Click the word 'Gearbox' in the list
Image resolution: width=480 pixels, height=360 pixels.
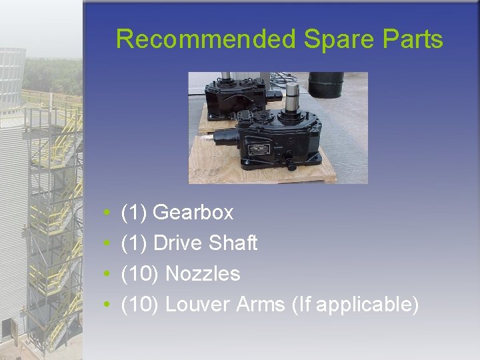(x=193, y=213)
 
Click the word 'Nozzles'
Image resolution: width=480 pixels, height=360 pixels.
(x=203, y=274)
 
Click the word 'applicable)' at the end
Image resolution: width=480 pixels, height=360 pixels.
(x=367, y=305)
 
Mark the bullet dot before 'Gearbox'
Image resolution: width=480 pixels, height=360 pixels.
(x=107, y=213)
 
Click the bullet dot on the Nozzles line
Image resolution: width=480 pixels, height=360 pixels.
(x=107, y=275)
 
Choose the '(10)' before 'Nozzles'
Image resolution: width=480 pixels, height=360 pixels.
(x=141, y=274)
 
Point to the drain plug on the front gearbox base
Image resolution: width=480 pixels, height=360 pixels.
(x=289, y=163)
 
